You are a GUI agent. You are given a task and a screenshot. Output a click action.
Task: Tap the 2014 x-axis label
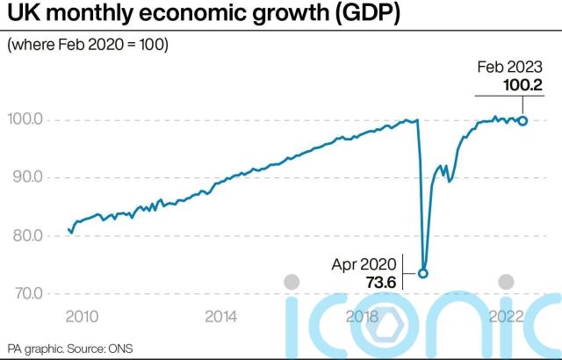point(220,315)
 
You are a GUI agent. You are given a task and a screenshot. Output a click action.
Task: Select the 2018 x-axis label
point(362,315)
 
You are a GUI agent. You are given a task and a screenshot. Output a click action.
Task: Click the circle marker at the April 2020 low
point(422,273)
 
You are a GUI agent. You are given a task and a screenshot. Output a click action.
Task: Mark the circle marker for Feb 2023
point(523,121)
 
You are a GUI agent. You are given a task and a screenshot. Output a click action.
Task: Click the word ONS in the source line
point(119,348)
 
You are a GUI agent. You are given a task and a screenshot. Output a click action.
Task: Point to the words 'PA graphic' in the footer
point(34,348)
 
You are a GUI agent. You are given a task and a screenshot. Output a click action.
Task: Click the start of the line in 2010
point(68,229)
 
